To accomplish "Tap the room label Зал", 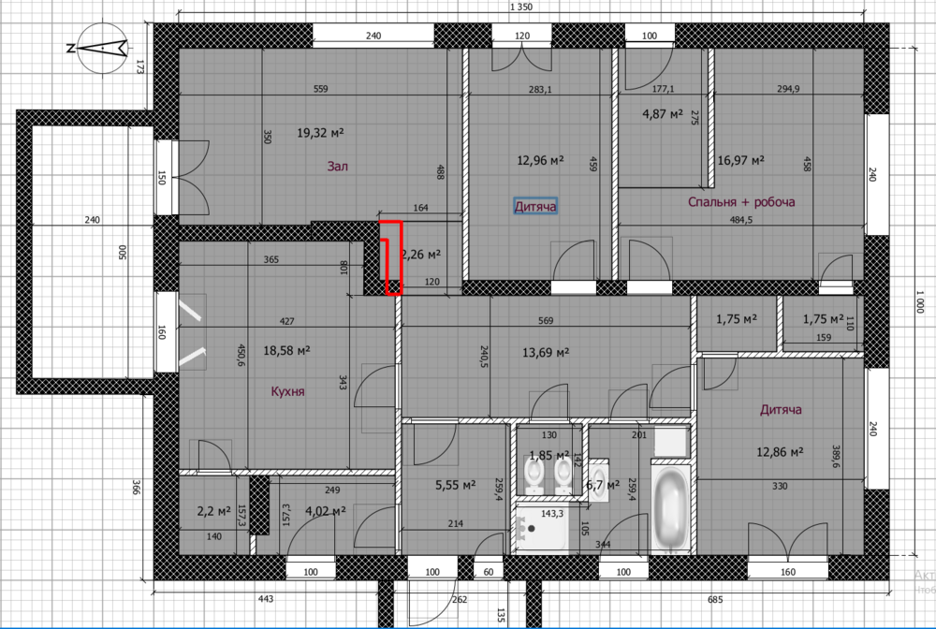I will point(337,167).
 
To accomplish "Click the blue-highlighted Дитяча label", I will point(535,205).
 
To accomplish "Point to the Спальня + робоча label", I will point(741,202).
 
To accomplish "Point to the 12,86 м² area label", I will point(780,451).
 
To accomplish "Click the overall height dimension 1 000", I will point(921,303).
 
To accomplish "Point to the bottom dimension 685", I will point(716,599).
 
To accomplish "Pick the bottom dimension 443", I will point(265,599).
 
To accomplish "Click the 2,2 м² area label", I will point(212,511).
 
